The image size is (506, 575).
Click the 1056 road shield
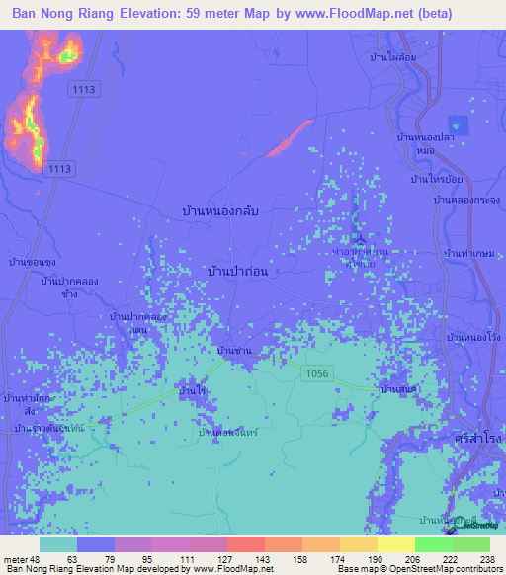coord(317,372)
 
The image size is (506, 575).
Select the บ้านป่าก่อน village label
coord(238,270)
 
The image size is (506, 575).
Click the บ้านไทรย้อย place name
coord(438,179)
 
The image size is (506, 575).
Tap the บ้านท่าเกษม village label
coord(469,254)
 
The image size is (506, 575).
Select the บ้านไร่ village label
coord(192,392)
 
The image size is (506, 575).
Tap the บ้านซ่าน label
coord(234,351)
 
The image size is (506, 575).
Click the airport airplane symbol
coord(361,239)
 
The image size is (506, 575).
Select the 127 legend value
coord(224,558)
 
